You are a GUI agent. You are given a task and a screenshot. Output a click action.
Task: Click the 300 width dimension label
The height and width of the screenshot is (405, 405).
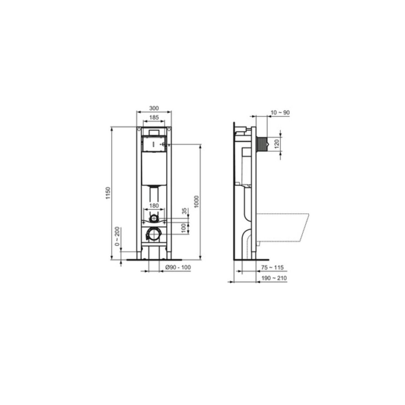(154, 108)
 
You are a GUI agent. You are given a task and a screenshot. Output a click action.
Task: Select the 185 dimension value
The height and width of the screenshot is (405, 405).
(154, 117)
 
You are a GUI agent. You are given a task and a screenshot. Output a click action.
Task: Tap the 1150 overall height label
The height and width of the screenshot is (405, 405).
(108, 193)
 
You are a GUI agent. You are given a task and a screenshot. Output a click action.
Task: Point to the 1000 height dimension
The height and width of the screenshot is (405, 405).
(196, 201)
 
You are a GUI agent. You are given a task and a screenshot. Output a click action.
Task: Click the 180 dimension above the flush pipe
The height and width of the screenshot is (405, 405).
(154, 206)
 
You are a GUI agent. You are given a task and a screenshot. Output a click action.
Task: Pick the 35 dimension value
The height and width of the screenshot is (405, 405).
(184, 211)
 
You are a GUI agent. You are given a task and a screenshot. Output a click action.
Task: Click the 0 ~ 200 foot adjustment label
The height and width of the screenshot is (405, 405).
(117, 237)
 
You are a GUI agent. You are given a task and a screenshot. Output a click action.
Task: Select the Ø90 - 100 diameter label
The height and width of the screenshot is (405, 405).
(178, 267)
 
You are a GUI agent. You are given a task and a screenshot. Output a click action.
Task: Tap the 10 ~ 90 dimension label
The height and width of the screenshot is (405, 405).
(280, 113)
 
